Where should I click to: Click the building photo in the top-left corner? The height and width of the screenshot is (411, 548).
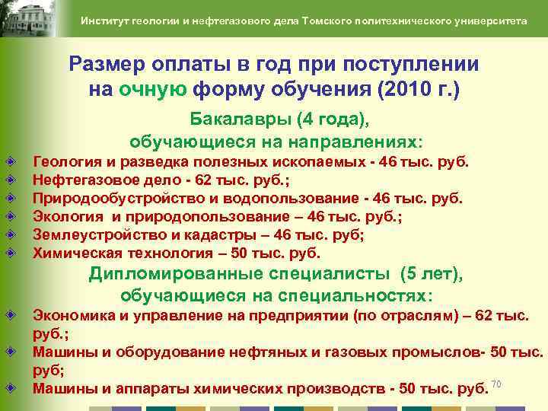(34, 20)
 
